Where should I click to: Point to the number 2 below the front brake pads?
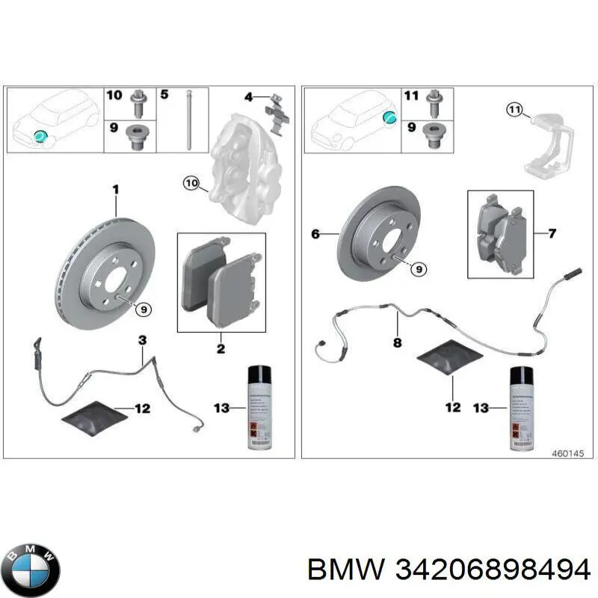(x=221, y=349)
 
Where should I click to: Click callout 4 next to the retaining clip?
(x=250, y=96)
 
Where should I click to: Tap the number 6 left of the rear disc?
(x=315, y=235)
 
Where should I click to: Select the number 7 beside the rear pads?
(x=552, y=234)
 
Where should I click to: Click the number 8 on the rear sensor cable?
(x=397, y=343)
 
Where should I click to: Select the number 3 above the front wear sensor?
(x=142, y=341)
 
